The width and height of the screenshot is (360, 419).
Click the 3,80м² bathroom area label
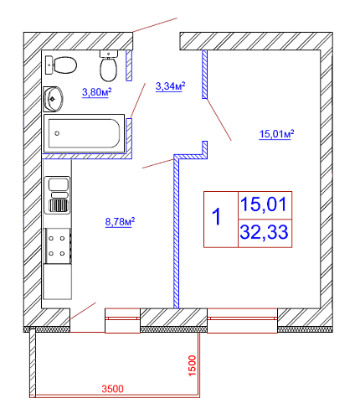[x=97, y=92]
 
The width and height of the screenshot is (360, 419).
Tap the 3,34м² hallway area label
[x=170, y=86]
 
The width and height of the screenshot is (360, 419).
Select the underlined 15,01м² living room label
[x=276, y=134]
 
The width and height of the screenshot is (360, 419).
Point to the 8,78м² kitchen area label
[x=120, y=222]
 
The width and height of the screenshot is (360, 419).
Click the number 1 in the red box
[x=217, y=216]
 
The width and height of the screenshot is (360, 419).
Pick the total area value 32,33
[x=264, y=232]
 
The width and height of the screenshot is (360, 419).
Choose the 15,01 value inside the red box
[x=264, y=204]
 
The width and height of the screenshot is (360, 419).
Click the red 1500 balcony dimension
[x=193, y=365]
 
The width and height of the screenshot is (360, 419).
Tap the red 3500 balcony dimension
[x=112, y=389]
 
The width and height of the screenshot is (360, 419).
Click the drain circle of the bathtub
[x=57, y=133]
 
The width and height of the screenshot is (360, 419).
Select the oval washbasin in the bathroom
[x=53, y=99]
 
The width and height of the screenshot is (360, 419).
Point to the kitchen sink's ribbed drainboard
[x=59, y=205]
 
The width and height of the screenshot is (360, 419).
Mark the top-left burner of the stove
[x=51, y=239]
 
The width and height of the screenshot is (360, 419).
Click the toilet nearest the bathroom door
[x=109, y=66]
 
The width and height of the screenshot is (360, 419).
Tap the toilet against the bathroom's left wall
[x=61, y=65]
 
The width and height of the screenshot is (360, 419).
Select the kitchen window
[x=122, y=321]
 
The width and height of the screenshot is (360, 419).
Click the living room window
[x=242, y=321]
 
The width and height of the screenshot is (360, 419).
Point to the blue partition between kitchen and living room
[x=176, y=231]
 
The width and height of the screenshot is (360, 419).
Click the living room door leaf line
[x=219, y=120]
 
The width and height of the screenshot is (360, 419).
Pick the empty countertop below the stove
[x=57, y=282]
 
